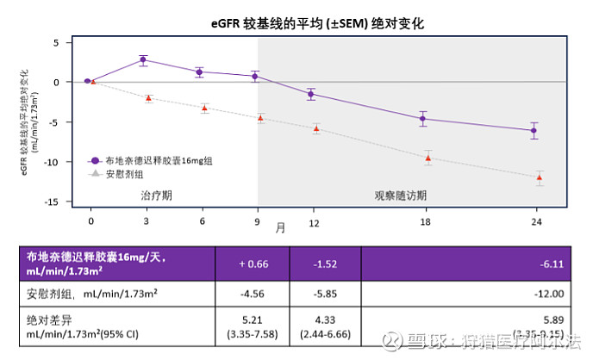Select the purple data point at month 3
coord(143,60)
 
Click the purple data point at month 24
coord(535,131)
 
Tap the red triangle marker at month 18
coord(428,158)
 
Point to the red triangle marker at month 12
coord(316,129)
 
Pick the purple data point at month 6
coord(200,72)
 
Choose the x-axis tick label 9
coord(256,221)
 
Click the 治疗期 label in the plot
coord(157,196)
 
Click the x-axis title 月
coord(281,228)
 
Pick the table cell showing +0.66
coord(253,264)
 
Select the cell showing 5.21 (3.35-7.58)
coord(253,326)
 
